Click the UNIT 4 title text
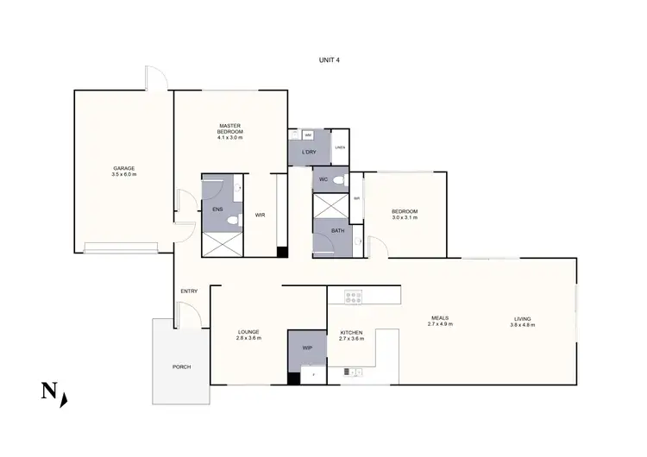[330, 61]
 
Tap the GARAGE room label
[124, 168]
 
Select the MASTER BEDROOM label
[230, 128]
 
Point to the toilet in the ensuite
[231, 221]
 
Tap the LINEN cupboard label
[341, 147]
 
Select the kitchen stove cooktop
[354, 297]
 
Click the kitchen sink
[351, 372]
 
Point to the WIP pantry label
[307, 348]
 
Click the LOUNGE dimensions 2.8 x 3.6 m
[248, 338]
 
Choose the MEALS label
[440, 318]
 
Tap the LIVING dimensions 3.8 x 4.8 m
[523, 324]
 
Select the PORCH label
[181, 367]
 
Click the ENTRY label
[189, 291]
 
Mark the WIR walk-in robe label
[260, 216]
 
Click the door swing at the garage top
[156, 80]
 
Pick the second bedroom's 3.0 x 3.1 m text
[405, 217]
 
